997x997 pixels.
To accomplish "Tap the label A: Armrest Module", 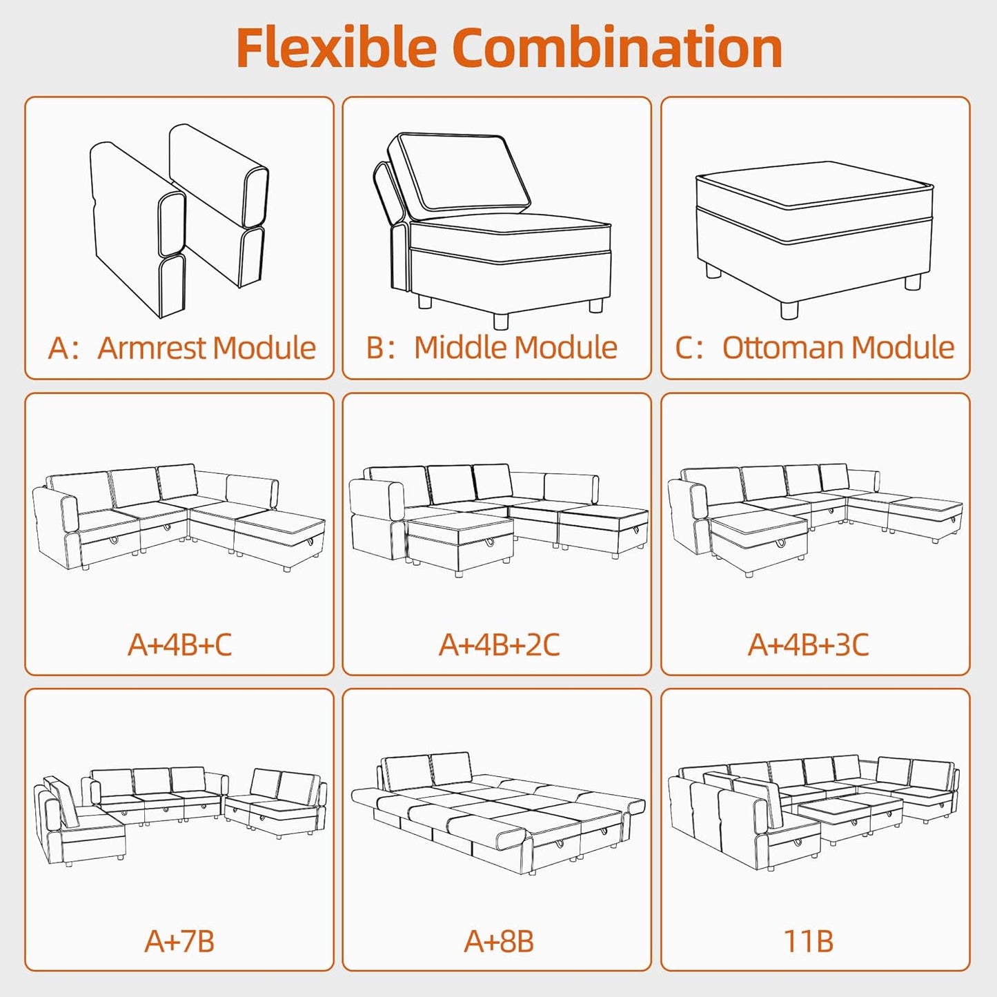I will pyautogui.click(x=181, y=348).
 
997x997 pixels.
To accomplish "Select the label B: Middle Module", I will pyautogui.click(x=492, y=348).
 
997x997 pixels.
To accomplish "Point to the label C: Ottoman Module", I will pyautogui.click(x=815, y=348).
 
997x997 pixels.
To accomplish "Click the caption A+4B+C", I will pyautogui.click(x=179, y=644).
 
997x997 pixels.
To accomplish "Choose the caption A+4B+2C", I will pyautogui.click(x=499, y=644).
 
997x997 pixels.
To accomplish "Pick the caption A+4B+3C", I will pyautogui.click(x=808, y=644).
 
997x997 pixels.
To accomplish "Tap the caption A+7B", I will pyautogui.click(x=179, y=941).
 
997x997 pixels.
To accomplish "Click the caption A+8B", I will pyautogui.click(x=499, y=941).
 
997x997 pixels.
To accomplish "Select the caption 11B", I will pyautogui.click(x=808, y=941).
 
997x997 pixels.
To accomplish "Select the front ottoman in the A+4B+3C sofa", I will pyautogui.click(x=759, y=538).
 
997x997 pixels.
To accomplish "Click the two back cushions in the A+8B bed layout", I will pyautogui.click(x=428, y=769).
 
